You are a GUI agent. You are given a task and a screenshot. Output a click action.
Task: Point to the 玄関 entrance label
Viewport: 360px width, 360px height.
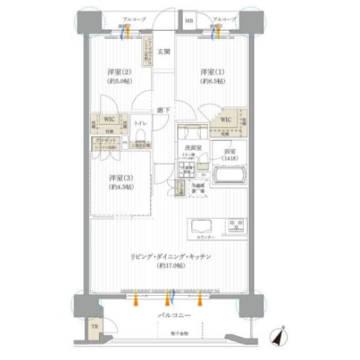[x=165, y=52]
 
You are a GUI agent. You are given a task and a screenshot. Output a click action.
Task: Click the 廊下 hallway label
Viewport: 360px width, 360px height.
[x=165, y=110]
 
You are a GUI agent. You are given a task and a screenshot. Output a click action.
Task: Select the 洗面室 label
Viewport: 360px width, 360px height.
[x=191, y=148]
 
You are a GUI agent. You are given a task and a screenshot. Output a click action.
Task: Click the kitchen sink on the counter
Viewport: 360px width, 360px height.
[x=204, y=226]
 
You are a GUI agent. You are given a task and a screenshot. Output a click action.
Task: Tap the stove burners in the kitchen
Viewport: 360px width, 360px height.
[x=235, y=226]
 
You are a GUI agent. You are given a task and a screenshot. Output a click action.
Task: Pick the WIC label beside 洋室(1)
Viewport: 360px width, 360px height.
[x=225, y=120]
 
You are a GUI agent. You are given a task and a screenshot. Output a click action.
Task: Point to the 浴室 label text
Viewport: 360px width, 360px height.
[x=230, y=150]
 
